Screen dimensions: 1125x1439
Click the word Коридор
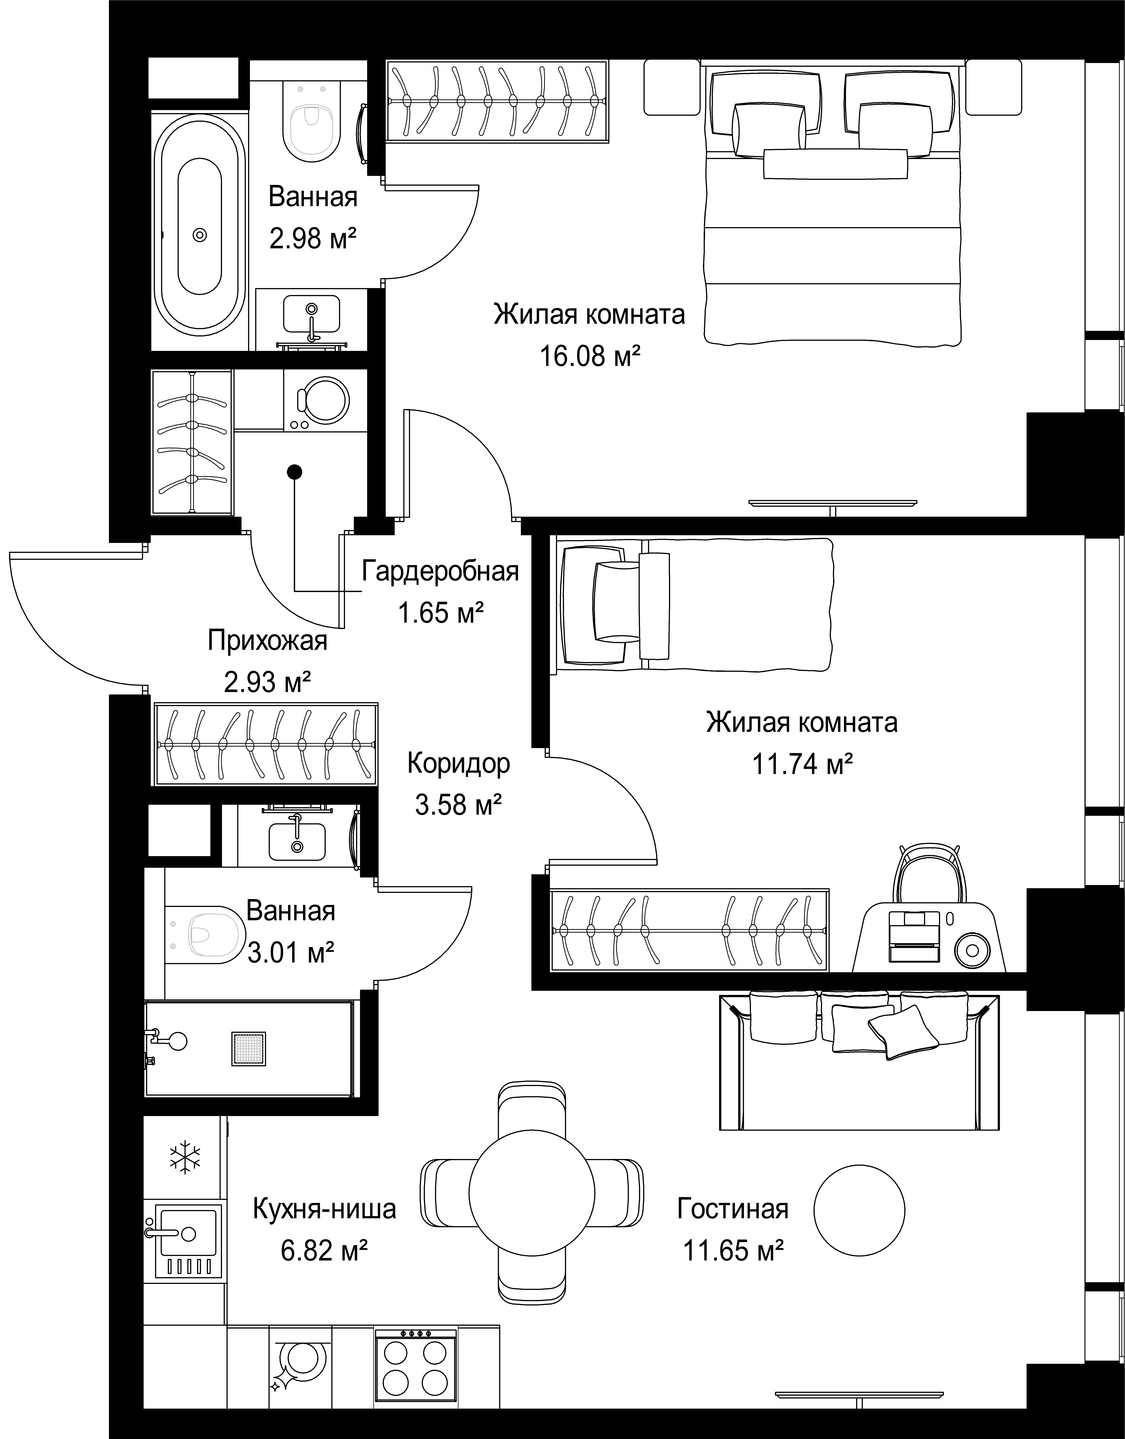(x=458, y=763)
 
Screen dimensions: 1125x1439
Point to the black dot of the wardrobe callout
(x=296, y=471)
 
